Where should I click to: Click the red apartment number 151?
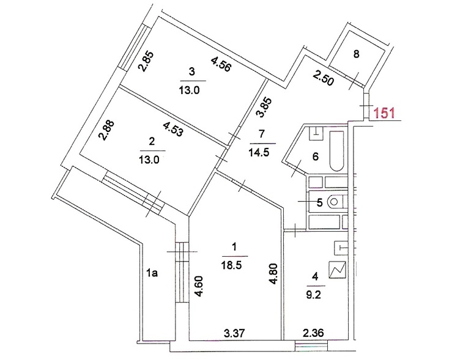coord(384,113)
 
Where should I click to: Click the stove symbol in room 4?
coord(338,270)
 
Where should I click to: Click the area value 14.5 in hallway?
coord(259,153)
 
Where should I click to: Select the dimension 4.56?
coord(221,65)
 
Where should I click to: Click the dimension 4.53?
coord(172,129)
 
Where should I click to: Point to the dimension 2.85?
coord(146,62)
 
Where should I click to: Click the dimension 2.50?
coord(323,78)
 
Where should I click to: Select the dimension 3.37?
coord(234,332)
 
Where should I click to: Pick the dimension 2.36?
coord(313,332)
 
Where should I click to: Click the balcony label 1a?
coord(152,273)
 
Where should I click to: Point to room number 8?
coord(356,54)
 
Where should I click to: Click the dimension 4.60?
coord(199,287)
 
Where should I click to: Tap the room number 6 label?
coord(316,156)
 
